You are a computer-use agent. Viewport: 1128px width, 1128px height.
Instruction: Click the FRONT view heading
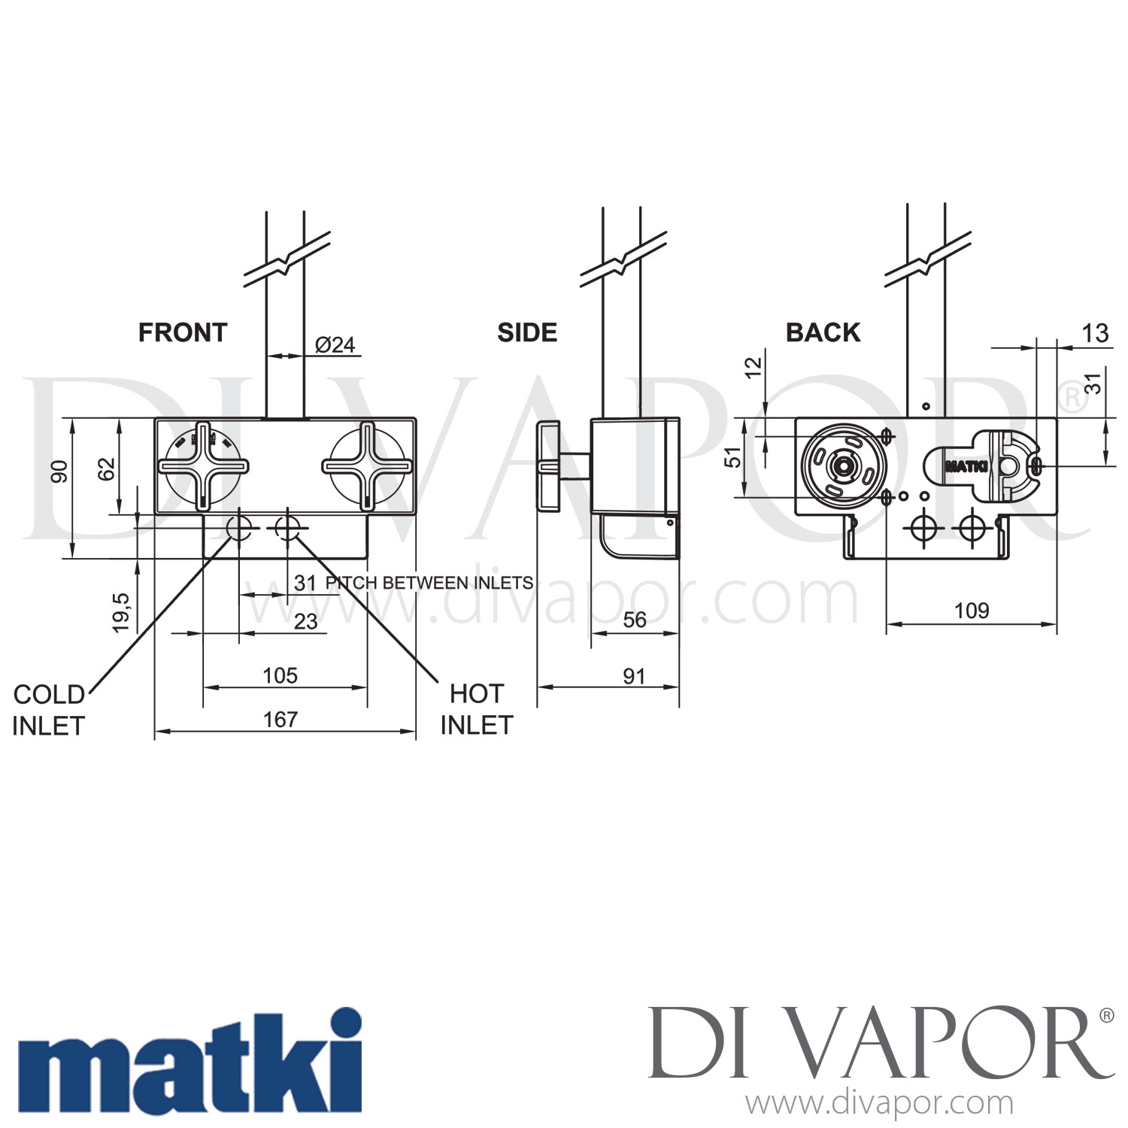point(183,332)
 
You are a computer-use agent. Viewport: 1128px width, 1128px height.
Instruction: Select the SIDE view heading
point(527,332)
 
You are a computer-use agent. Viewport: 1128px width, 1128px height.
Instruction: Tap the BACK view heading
point(823,332)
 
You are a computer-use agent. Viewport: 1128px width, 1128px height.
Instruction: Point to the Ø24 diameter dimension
point(335,344)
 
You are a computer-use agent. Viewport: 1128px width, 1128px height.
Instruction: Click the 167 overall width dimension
point(280,720)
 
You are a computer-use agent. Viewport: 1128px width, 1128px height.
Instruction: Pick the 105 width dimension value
point(280,675)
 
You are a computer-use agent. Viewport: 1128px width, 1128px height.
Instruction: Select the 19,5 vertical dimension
point(121,612)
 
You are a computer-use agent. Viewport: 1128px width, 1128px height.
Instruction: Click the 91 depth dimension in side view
point(634,676)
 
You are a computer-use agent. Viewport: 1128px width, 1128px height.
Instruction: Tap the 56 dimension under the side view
point(634,620)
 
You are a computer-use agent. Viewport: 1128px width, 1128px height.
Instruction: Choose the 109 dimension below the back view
point(972,611)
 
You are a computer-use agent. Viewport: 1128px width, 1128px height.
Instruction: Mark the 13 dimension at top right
point(1095,333)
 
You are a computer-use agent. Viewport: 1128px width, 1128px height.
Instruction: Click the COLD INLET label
point(49,710)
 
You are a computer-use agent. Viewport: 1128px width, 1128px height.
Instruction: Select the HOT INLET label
point(477,709)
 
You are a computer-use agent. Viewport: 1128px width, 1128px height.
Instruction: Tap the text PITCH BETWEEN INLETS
point(429,583)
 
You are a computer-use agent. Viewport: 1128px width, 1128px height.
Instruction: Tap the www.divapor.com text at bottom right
point(878,1103)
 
